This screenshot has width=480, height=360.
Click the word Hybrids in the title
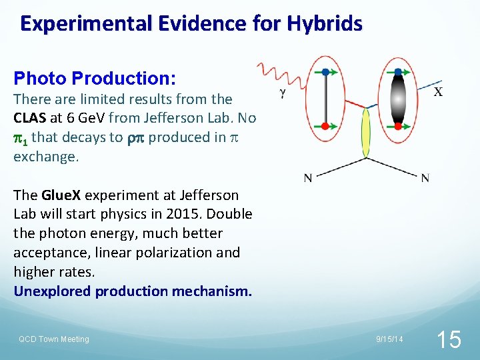pos(325,24)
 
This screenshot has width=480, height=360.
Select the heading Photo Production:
pos(95,79)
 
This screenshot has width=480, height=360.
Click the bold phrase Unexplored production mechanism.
pos(133,291)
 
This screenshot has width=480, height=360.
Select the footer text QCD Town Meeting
pos(53,339)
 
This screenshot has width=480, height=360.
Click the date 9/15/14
pos(389,339)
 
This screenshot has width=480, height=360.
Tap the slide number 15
pos(448,339)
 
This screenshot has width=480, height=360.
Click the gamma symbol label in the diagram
pos(283,94)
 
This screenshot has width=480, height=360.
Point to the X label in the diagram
pos(438,92)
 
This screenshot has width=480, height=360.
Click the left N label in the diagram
pos(308,177)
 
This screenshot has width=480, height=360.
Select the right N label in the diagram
pos(425,177)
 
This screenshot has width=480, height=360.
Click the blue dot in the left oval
pos(325,71)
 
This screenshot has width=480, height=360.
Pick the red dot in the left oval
pos(325,124)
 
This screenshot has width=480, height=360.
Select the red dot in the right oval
pos(398,125)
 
